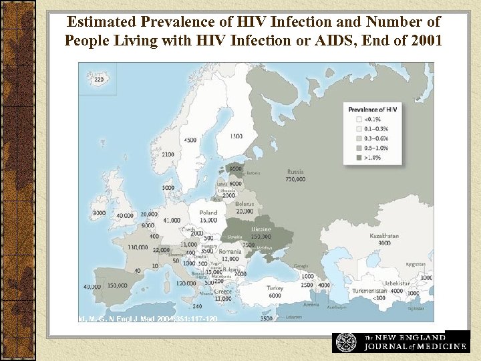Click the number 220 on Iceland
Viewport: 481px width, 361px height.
[x=98, y=80]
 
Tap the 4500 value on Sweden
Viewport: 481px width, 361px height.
[x=190, y=140]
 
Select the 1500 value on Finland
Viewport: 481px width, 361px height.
[x=236, y=136]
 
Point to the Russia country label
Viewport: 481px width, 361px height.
[x=295, y=172]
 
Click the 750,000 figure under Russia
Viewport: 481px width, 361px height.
[x=295, y=179]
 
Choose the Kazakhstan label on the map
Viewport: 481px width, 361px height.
[x=384, y=236]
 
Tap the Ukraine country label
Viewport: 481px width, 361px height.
[x=260, y=229]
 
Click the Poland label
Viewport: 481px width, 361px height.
[x=208, y=213]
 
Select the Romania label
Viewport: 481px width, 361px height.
[x=230, y=251]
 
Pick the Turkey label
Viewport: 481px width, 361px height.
[x=275, y=289]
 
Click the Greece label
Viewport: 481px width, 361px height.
[x=223, y=291]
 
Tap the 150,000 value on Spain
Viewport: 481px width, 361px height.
[x=117, y=286]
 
